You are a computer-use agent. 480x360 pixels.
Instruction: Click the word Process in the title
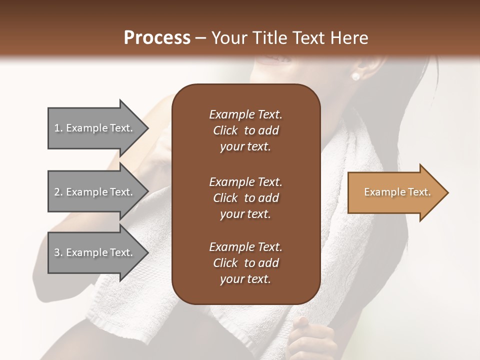(157, 38)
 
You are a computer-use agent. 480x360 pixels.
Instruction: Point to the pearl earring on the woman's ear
(356, 76)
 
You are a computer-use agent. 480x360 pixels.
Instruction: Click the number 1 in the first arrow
(57, 128)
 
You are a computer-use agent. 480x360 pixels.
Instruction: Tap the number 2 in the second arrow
(57, 192)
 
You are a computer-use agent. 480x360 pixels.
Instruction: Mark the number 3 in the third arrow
(57, 252)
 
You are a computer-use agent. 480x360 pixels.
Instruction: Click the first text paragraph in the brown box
(245, 130)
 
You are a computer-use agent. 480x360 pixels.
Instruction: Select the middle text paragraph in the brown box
(245, 197)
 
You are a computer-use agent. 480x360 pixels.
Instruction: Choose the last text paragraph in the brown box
(245, 263)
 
